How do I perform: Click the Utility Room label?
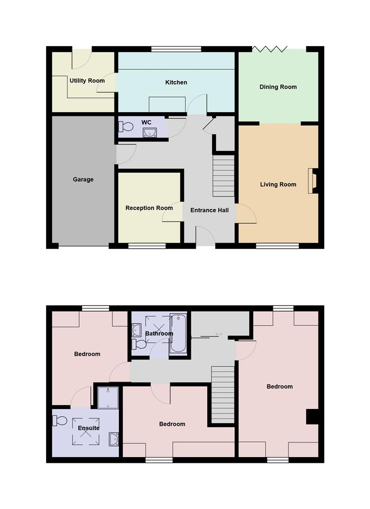(x=87, y=81)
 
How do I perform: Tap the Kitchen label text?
(x=176, y=82)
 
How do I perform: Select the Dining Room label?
(x=278, y=87)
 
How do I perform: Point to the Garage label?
(x=83, y=180)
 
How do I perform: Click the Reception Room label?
(x=149, y=208)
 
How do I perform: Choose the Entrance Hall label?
(x=209, y=210)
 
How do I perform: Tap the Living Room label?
(x=278, y=184)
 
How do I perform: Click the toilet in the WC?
(x=126, y=127)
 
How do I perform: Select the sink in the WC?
(x=149, y=132)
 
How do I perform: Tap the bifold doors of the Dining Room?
(x=270, y=49)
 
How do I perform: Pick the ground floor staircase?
(x=224, y=176)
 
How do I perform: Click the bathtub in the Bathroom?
(x=179, y=334)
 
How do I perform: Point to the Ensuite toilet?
(x=60, y=419)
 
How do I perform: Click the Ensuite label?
(x=89, y=428)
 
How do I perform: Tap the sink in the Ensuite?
(x=114, y=439)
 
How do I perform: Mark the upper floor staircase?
(x=223, y=394)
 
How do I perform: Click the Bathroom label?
(x=159, y=334)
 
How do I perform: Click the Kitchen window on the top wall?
(x=176, y=49)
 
